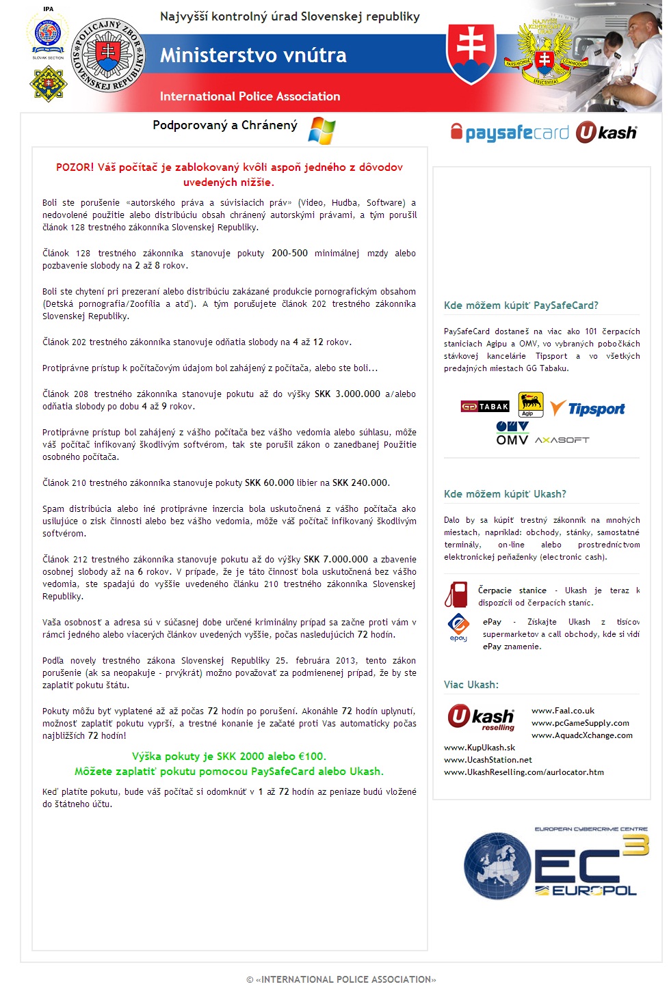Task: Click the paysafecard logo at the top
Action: point(510,133)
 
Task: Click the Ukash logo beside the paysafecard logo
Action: point(606,133)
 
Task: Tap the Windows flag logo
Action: point(322,130)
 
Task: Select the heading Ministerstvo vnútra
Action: point(253,55)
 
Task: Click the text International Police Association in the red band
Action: point(250,96)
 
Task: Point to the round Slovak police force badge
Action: point(108,55)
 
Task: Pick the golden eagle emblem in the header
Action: point(545,53)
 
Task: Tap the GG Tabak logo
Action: point(485,407)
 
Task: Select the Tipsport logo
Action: point(588,409)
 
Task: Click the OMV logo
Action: point(512,433)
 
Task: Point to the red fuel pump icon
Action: point(456,595)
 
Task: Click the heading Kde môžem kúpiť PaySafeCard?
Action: point(521,305)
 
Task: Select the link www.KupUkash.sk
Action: point(480,748)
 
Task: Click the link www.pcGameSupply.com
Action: point(580,723)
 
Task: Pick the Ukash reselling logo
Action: point(481,718)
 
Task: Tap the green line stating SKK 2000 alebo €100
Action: point(228,756)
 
